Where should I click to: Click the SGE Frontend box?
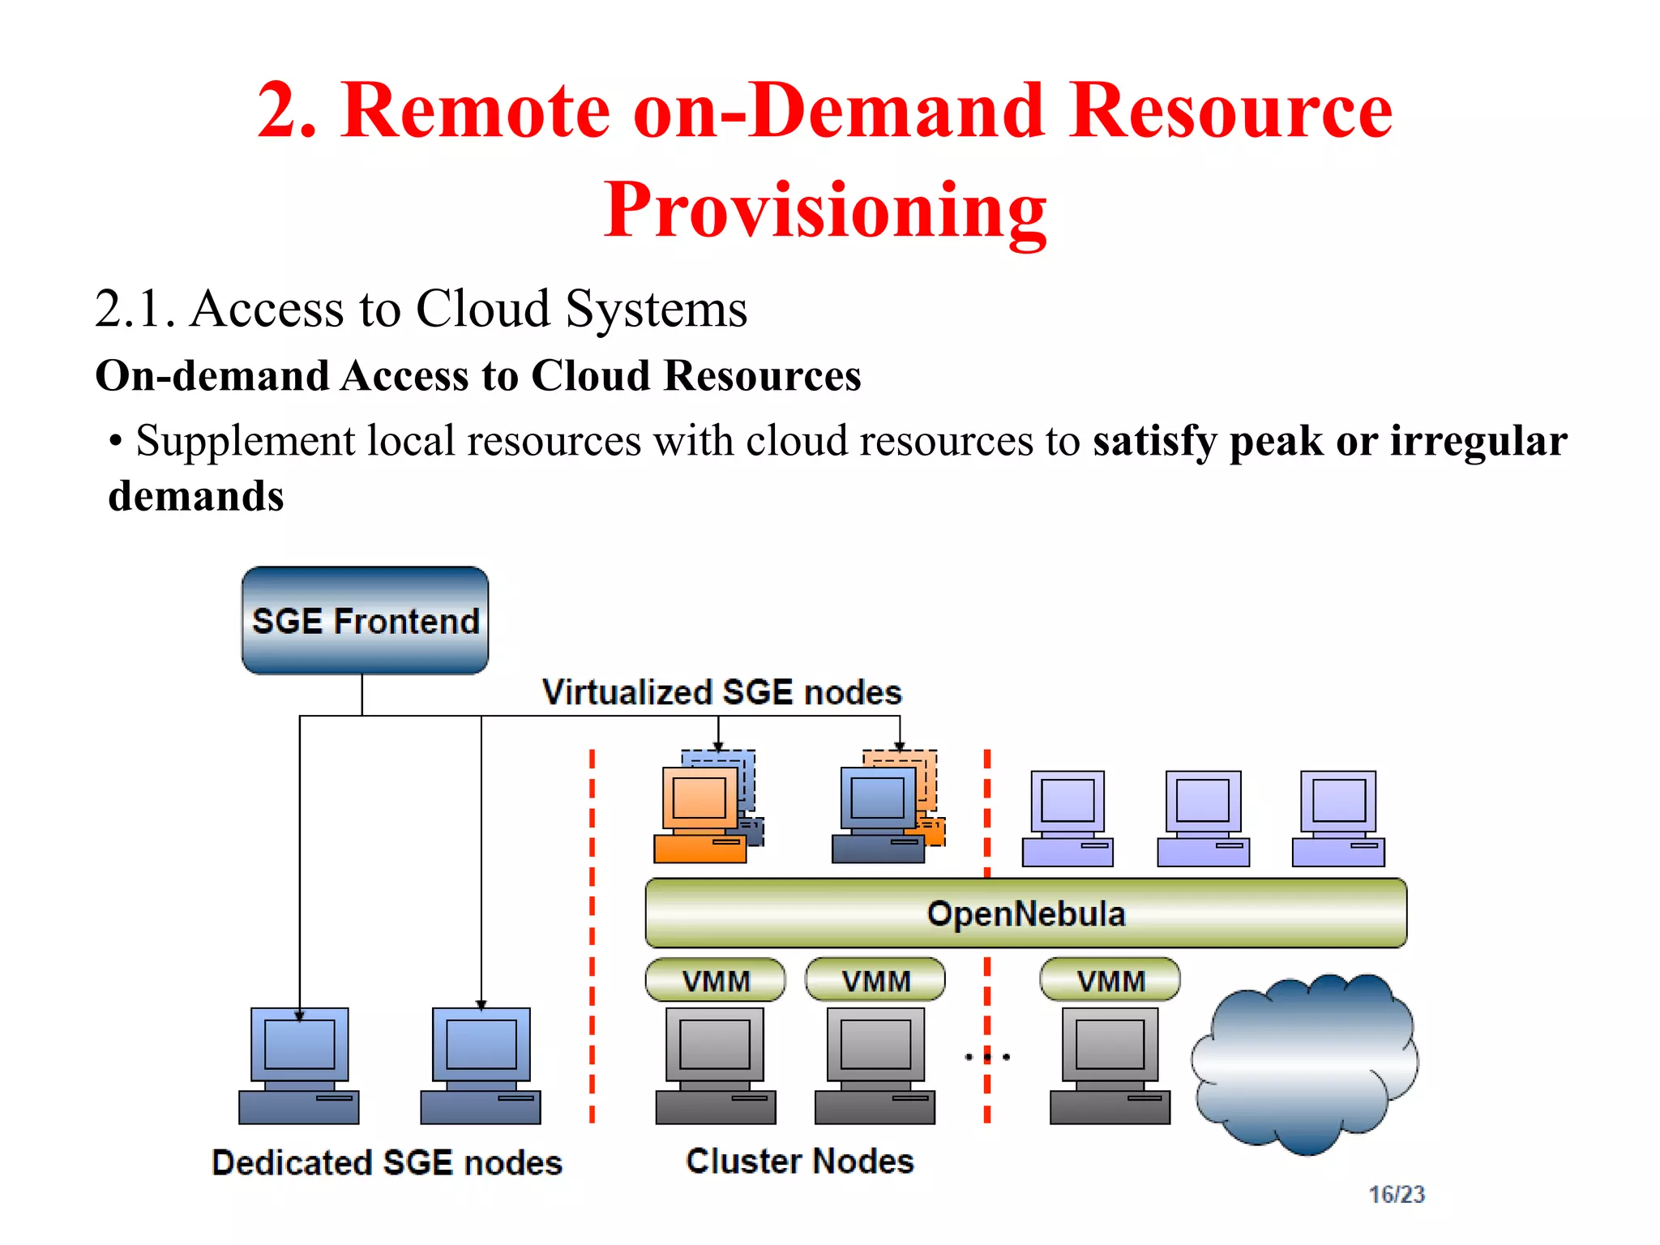click(365, 620)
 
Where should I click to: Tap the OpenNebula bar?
click(1025, 913)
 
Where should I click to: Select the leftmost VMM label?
click(716, 981)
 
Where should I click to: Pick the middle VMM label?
click(875, 981)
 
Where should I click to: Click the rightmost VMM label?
click(1110, 981)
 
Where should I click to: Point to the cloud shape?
click(1305, 1062)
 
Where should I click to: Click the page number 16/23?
click(1396, 1194)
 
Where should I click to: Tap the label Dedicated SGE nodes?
click(387, 1162)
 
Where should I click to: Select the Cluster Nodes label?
click(799, 1161)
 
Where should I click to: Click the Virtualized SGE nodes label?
click(721, 692)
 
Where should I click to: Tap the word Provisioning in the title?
click(825, 209)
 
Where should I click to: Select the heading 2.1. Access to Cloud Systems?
click(421, 309)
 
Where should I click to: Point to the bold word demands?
click(196, 495)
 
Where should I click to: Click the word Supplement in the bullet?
click(245, 441)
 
